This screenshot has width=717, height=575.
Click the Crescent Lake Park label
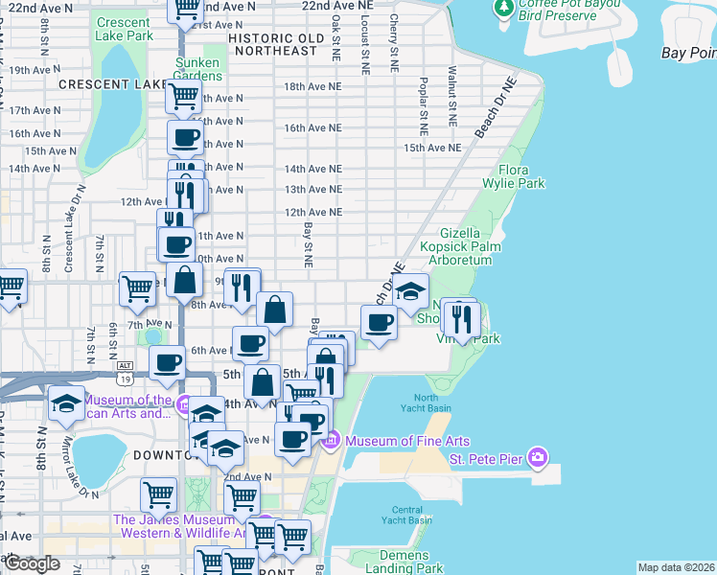coord(124,29)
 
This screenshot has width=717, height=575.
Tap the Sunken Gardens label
coord(197,69)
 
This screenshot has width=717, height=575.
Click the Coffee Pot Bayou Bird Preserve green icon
coord(502,9)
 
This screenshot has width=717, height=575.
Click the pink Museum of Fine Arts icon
coord(332,440)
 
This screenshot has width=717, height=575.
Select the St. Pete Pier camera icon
coord(538,458)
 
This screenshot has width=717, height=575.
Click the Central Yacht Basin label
coord(413,515)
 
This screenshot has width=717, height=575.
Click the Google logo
coord(32,563)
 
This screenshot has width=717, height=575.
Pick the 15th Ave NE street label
coord(432,148)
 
